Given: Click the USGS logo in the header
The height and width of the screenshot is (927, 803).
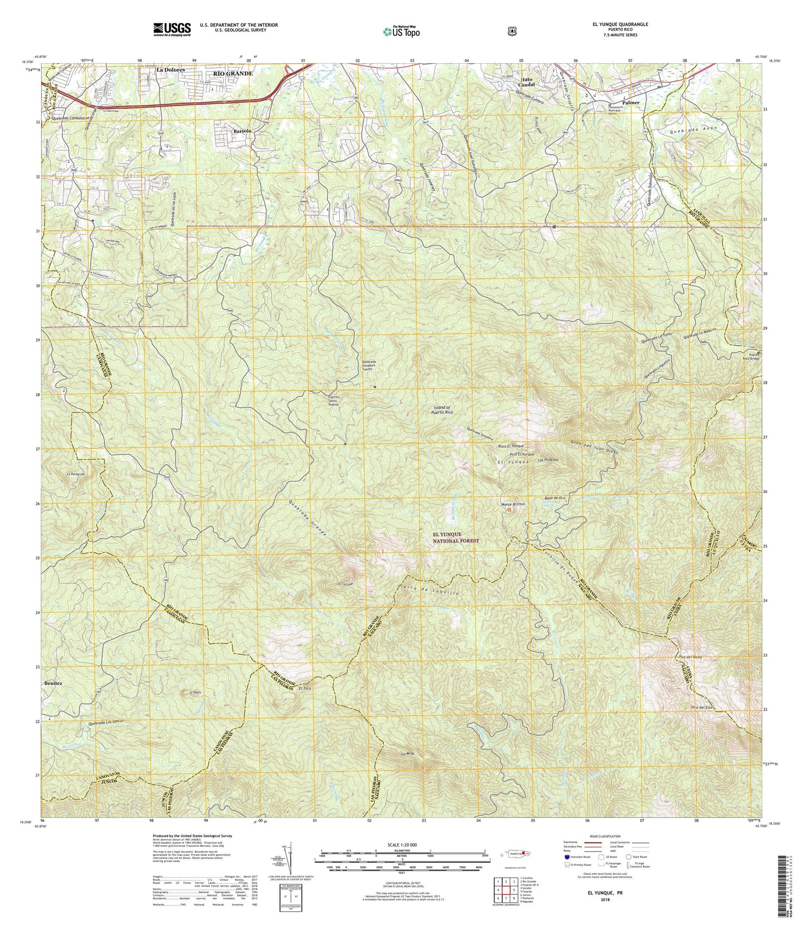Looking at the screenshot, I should click(172, 28).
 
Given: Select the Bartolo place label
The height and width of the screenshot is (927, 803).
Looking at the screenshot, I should click(243, 131).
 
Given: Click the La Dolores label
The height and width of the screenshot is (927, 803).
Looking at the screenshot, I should click(171, 71).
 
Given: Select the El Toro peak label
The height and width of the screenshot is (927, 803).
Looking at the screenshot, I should click(304, 689).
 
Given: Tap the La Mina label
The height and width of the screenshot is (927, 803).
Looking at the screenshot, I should click(408, 754).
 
